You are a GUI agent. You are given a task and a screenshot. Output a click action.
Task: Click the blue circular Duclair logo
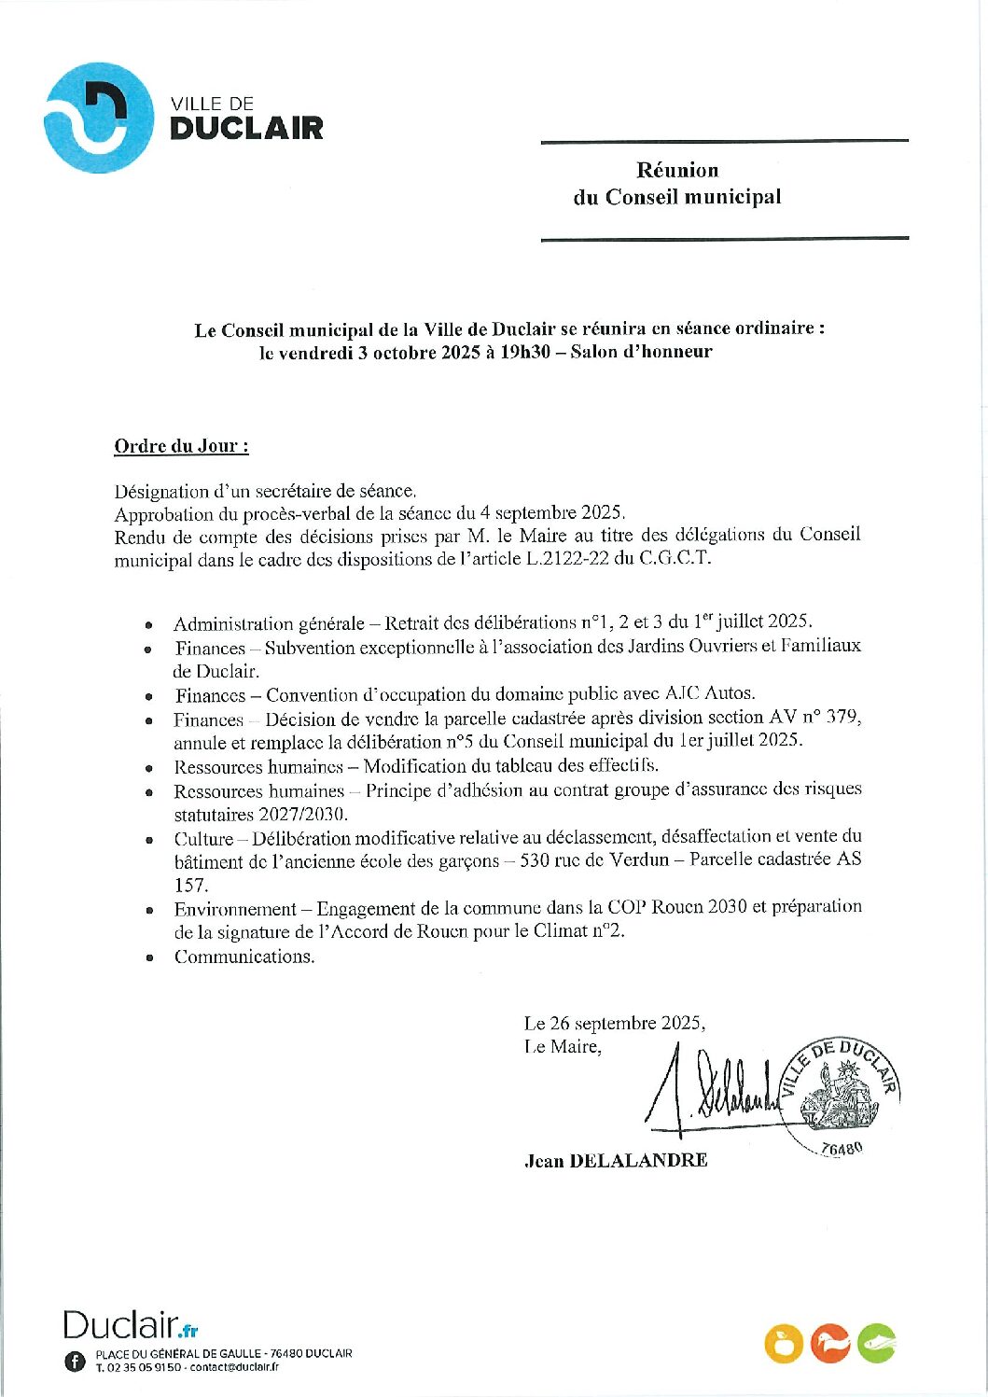coord(98,118)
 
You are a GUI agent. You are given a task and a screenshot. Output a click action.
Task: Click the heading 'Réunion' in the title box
coord(677,170)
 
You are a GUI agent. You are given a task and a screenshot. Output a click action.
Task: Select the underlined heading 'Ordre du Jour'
coord(181,446)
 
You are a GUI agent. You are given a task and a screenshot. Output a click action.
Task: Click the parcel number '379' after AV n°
coord(842,718)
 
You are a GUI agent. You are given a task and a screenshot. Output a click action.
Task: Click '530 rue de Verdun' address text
coord(593,859)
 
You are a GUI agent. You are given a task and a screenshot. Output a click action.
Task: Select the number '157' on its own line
coord(190,885)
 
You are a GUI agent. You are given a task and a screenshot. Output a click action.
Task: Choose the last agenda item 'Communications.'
coord(244,957)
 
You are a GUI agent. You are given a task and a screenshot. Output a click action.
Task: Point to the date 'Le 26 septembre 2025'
coord(614,1023)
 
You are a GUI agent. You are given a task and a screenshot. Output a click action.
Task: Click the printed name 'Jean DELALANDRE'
coord(616,1160)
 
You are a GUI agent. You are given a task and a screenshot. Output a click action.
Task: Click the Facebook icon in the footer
coord(76,1361)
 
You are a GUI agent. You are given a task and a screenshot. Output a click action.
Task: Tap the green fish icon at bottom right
coord(876,1343)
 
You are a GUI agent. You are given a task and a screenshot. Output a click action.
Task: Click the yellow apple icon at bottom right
coord(784,1344)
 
